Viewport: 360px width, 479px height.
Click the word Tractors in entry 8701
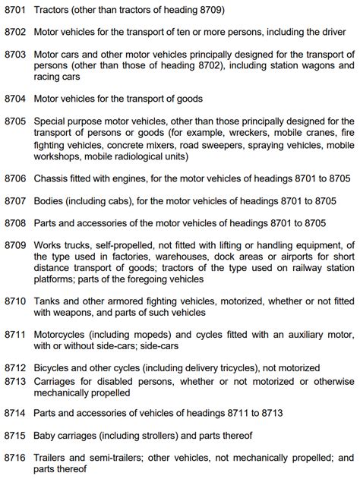pos(54,11)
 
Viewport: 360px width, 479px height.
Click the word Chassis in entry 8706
pos(53,178)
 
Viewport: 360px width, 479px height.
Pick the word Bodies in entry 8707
pos(51,201)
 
